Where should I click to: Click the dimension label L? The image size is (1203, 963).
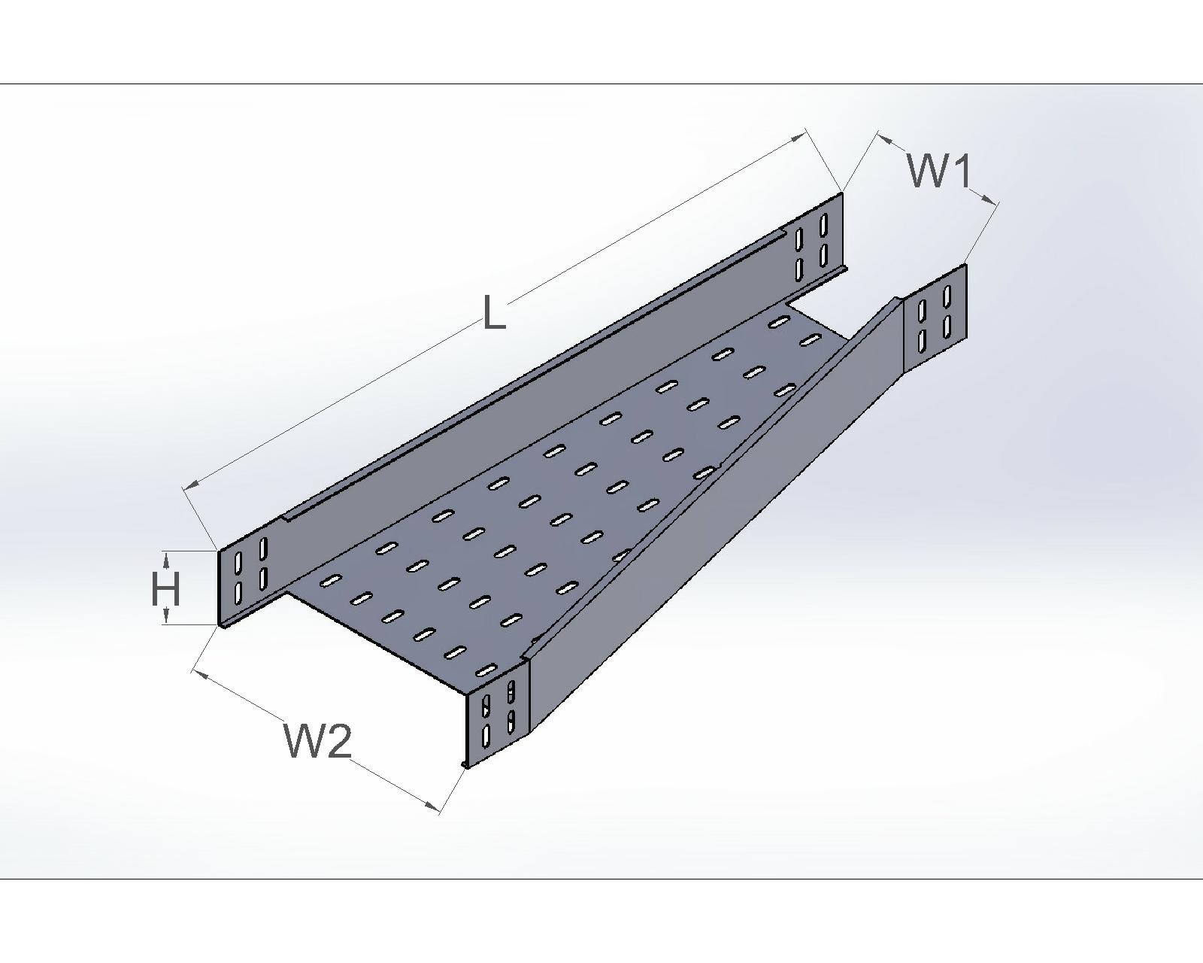click(x=493, y=312)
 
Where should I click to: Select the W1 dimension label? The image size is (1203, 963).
click(x=940, y=171)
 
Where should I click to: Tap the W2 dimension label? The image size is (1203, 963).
click(x=317, y=741)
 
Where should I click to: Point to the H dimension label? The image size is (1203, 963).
click(x=165, y=589)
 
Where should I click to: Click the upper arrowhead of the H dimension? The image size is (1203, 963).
click(x=166, y=557)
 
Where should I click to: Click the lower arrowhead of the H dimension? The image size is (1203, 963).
click(x=166, y=618)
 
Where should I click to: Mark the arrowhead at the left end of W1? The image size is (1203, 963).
click(x=884, y=138)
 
